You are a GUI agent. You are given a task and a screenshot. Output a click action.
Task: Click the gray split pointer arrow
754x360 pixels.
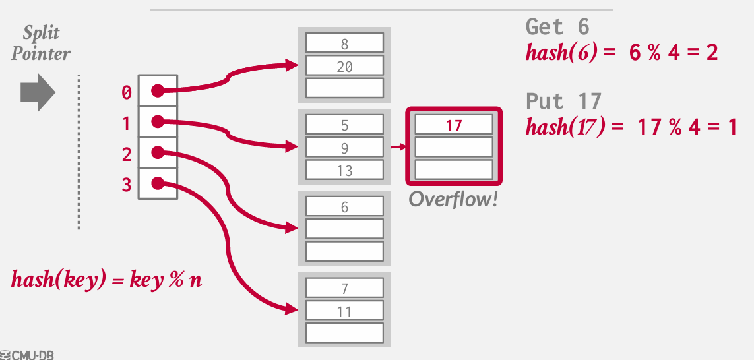pyautogui.click(x=37, y=92)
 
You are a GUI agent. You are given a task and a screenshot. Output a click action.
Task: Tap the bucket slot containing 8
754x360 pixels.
pyautogui.click(x=344, y=44)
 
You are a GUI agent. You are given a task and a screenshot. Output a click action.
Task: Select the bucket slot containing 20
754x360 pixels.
pyautogui.click(x=344, y=66)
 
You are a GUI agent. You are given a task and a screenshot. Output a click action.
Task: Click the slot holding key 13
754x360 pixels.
pyautogui.click(x=344, y=170)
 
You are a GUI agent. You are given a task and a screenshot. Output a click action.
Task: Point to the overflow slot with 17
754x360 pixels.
pyautogui.click(x=454, y=125)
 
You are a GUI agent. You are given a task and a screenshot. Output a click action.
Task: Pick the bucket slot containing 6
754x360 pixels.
pyautogui.click(x=344, y=206)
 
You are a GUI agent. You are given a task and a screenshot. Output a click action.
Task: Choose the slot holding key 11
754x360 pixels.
pyautogui.click(x=344, y=311)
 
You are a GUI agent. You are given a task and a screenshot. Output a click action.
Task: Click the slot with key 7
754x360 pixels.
pyautogui.click(x=344, y=288)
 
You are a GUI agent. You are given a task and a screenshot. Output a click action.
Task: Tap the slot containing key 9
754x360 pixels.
pyautogui.click(x=344, y=148)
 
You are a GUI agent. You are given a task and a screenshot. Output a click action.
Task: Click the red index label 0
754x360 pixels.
pyautogui.click(x=127, y=93)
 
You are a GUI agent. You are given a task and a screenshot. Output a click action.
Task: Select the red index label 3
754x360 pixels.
pyautogui.click(x=127, y=185)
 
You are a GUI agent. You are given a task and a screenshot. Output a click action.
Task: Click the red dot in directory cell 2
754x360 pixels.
pyautogui.click(x=157, y=153)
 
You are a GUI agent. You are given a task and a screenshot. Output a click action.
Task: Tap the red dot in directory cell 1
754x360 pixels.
pyautogui.click(x=157, y=122)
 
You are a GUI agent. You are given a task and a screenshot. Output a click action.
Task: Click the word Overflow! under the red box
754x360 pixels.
pyautogui.click(x=453, y=199)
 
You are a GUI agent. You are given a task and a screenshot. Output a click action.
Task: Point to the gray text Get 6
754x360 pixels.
pyautogui.click(x=557, y=27)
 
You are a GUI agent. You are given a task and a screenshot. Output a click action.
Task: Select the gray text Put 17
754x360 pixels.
pyautogui.click(x=563, y=102)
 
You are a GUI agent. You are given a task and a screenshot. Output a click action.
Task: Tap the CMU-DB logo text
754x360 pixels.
pyautogui.click(x=28, y=355)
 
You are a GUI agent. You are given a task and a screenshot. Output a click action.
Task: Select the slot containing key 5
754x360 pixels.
pyautogui.click(x=344, y=125)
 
